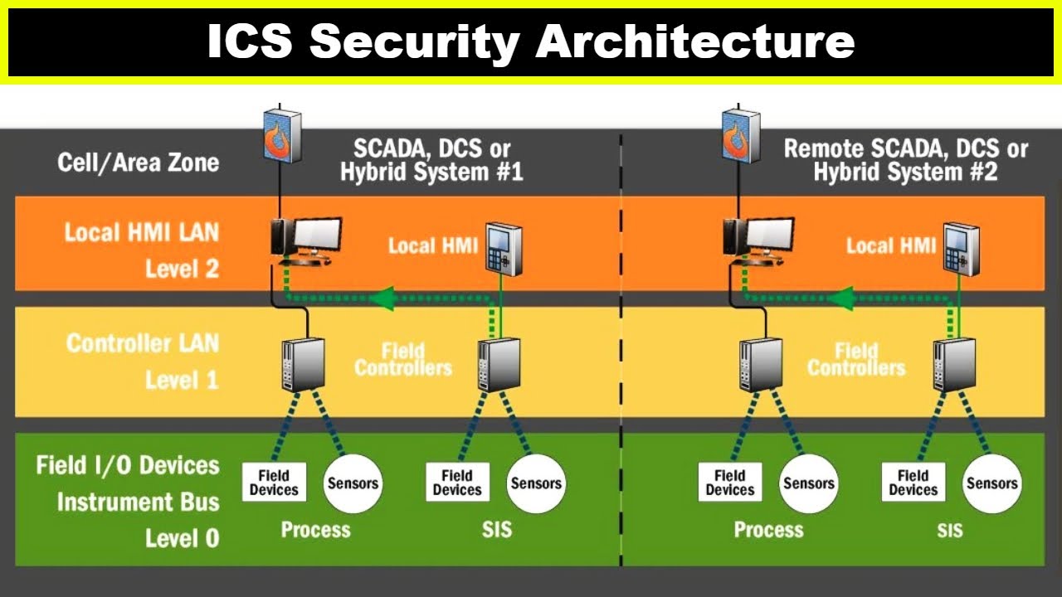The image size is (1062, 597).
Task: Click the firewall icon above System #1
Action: pos(283,135)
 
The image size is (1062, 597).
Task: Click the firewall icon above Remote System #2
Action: pos(741,135)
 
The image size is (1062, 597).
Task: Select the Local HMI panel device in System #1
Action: pos(504,250)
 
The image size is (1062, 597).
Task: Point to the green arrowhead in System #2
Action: pos(840,298)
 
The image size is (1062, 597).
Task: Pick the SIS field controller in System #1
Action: pos(499,364)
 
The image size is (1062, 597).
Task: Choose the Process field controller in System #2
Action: pos(762,364)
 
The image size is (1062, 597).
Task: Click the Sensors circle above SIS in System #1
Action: pos(536,483)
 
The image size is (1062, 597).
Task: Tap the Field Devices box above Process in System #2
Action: pos(730,483)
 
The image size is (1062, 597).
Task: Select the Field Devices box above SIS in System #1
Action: pos(457,483)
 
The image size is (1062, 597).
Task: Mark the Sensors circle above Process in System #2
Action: pos(808,483)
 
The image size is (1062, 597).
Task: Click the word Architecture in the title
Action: pos(695,41)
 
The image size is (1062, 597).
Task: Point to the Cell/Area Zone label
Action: pos(139,163)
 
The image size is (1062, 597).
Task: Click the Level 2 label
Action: pos(182,269)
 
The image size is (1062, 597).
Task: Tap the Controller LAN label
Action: pos(143,343)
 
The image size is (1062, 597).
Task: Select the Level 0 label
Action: pos(182,538)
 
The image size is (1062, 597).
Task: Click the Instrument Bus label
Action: pos(139,502)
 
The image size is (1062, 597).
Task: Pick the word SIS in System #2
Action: pos(950,530)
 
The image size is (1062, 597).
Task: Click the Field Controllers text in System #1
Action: pos(403,360)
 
